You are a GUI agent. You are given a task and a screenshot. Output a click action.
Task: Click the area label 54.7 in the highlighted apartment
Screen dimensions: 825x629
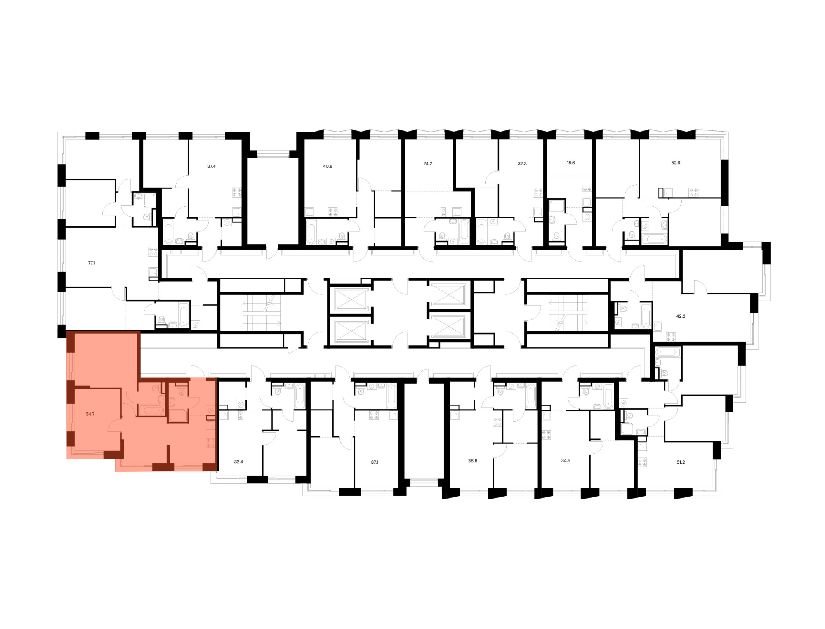tap(90, 414)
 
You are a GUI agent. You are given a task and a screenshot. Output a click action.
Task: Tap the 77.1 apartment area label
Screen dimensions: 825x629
tap(92, 263)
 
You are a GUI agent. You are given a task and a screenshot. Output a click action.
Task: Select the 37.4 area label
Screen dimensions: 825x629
tap(211, 166)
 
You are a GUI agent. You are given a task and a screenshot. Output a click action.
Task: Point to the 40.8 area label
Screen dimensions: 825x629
tap(328, 166)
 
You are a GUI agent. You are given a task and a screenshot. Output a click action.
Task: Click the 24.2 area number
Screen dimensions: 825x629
tap(428, 163)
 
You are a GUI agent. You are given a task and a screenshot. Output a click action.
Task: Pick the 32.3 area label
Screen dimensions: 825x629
tap(522, 163)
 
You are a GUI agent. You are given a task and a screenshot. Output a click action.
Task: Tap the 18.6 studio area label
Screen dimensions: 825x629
tap(570, 163)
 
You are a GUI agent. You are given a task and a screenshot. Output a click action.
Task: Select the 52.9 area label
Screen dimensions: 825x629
tap(676, 163)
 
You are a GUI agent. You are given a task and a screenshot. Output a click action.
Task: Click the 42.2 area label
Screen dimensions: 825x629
tap(681, 316)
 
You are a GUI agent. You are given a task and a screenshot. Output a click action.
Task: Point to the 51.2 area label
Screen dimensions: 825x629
tap(681, 462)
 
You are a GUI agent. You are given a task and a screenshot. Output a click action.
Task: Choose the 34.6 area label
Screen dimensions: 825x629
tap(566, 460)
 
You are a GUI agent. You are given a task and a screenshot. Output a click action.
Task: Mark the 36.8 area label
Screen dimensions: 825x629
tap(473, 461)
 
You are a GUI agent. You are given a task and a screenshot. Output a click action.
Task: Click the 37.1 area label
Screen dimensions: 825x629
tap(375, 462)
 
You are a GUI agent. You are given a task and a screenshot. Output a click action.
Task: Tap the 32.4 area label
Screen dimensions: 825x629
tap(238, 462)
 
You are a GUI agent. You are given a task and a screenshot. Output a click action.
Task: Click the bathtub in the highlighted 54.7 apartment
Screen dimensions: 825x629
tap(151, 410)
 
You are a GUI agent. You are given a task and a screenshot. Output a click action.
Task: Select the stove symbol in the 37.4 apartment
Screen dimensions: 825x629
tap(237, 192)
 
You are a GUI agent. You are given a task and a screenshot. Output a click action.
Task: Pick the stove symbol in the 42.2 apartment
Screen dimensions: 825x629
tap(671, 337)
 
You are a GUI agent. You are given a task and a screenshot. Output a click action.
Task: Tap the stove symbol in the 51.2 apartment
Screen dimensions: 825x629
tap(642, 462)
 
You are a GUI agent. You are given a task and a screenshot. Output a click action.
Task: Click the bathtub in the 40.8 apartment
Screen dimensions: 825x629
tap(311, 232)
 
